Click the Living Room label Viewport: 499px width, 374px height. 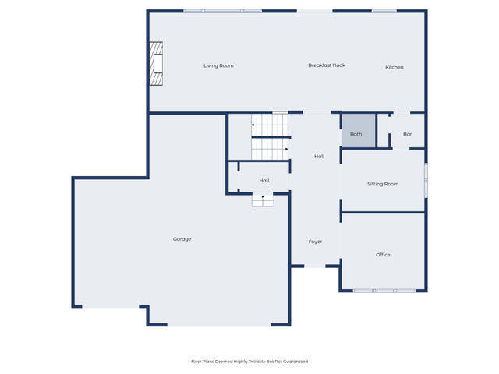pos(218,65)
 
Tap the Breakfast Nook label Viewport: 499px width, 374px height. pos(327,65)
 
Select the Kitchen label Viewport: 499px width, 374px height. pos(395,67)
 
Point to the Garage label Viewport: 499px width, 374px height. pos(182,239)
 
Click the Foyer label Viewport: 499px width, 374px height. pos(315,242)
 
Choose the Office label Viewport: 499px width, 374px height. pos(383,255)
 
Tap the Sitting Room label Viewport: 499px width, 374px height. pos(383,184)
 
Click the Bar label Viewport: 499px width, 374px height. pos(407,134)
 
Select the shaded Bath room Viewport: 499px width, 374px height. pos(359,131)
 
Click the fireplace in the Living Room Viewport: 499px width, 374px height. pos(156,64)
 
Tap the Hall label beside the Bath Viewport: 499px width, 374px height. pos(319,156)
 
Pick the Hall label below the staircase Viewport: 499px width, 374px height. pos(264,180)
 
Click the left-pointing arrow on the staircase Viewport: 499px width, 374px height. pos(253,125)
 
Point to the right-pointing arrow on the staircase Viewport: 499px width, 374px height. pos(286,149)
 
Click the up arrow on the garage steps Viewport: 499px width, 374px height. pos(263,197)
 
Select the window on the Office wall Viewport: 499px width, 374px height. pos(384,291)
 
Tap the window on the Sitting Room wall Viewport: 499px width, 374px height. pos(426,181)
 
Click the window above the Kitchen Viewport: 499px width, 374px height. pos(384,11)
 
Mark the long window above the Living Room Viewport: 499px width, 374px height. pos(222,11)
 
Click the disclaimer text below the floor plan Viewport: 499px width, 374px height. pos(249,362)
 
